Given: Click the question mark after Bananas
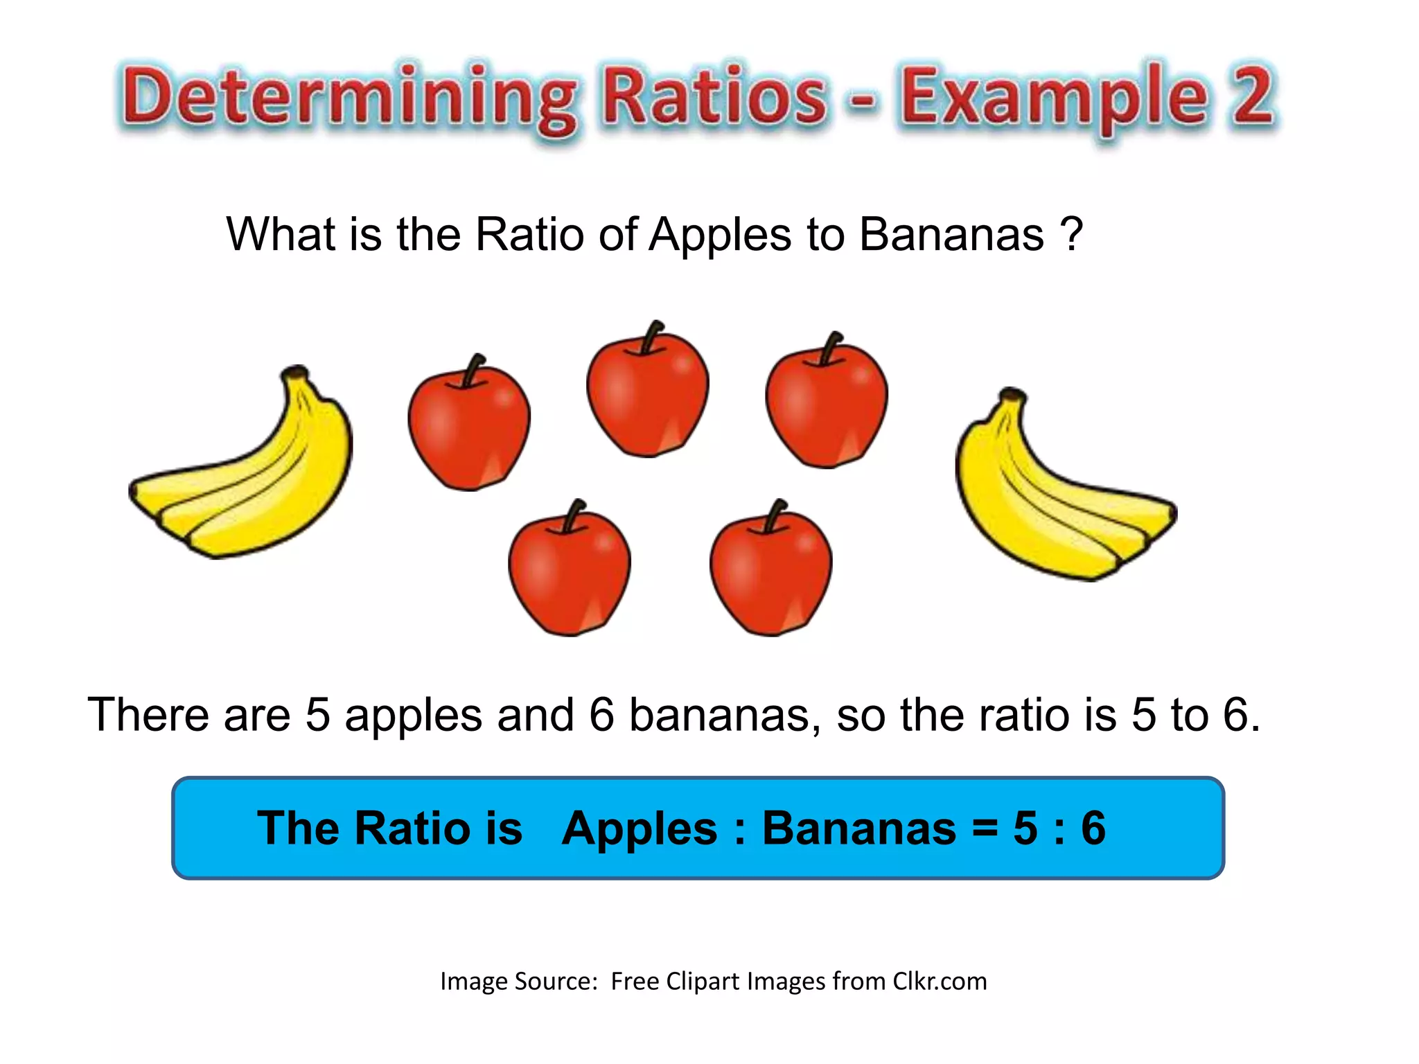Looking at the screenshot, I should click(x=1071, y=234).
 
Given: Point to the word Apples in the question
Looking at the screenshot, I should click(x=720, y=236).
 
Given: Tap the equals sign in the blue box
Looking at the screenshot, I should click(x=984, y=828).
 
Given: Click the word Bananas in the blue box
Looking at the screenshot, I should click(x=858, y=828).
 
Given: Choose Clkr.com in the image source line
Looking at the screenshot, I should click(x=940, y=982).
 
